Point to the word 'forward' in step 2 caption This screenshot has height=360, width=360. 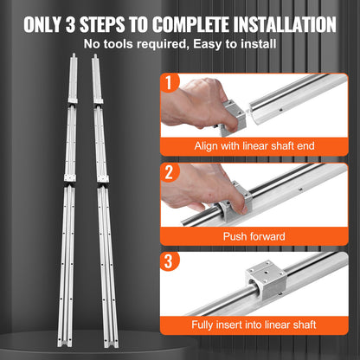(269, 235)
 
